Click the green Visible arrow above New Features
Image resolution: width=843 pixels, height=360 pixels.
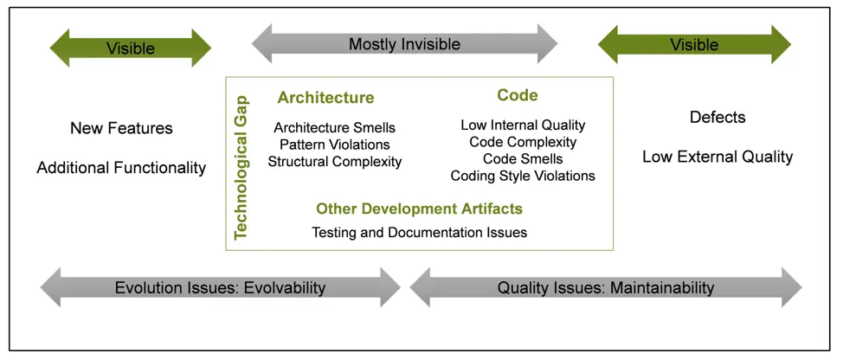[130, 48]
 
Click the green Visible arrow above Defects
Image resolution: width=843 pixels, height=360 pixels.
[694, 44]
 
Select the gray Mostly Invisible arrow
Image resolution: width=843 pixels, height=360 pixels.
[404, 44]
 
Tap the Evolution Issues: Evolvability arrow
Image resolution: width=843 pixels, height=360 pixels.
[220, 287]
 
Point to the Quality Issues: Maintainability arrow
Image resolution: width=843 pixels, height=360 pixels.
[605, 287]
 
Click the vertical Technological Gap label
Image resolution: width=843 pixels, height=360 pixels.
[241, 164]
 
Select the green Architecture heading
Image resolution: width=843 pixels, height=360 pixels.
[325, 98]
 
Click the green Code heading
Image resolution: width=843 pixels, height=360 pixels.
[518, 95]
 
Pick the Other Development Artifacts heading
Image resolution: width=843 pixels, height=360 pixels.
[419, 209]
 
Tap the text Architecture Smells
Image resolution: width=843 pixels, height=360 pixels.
[334, 128]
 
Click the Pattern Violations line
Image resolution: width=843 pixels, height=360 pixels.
[334, 145]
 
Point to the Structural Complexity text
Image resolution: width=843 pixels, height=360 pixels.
[334, 161]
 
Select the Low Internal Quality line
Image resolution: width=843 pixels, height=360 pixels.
[523, 125]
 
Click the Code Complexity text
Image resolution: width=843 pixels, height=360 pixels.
[523, 142]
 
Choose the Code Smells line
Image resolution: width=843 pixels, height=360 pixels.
[523, 158]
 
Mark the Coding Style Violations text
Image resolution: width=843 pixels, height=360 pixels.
[523, 176]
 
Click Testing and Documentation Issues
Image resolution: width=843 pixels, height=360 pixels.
[419, 232]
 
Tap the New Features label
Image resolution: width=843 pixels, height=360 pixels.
[121, 128]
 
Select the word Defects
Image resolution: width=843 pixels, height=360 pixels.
[718, 117]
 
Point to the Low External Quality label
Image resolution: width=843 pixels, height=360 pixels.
[718, 157]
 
